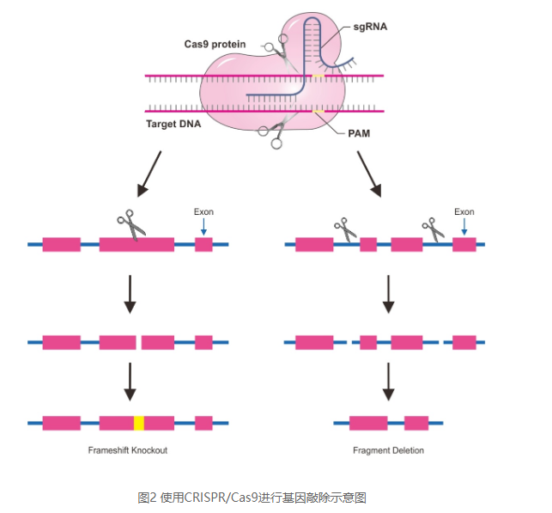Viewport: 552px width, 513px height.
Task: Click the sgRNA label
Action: (370, 27)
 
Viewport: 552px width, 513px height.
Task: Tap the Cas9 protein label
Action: (215, 44)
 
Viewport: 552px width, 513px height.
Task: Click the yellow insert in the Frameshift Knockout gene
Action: (138, 423)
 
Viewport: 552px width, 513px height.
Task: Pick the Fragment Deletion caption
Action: (388, 450)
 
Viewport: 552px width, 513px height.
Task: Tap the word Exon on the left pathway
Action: (203, 212)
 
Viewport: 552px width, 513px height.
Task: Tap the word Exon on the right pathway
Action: (464, 212)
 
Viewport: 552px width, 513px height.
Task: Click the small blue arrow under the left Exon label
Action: (203, 227)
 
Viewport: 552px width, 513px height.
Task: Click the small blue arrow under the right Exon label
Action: (464, 227)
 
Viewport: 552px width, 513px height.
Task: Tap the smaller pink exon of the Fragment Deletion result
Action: (416, 423)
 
